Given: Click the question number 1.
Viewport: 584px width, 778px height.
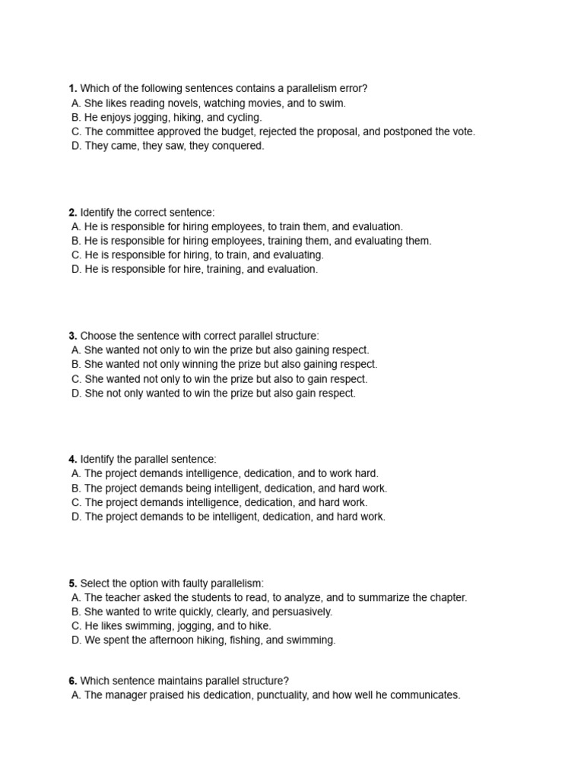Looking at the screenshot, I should [73, 89].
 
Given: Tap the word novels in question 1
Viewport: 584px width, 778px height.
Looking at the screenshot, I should [185, 103].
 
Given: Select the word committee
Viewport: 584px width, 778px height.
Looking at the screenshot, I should [130, 131].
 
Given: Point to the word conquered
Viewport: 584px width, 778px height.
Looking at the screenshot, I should [237, 146].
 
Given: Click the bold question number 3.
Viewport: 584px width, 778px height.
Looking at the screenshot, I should [73, 336].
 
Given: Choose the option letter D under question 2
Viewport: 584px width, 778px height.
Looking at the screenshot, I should [75, 269].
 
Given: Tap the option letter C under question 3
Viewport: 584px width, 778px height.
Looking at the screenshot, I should [75, 379].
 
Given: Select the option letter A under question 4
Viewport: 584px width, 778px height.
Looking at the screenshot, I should [75, 473].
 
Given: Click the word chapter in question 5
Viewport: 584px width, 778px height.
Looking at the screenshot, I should [446, 598].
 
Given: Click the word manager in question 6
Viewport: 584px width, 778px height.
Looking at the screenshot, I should [125, 695].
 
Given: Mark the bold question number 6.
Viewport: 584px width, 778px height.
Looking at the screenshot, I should [73, 681].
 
